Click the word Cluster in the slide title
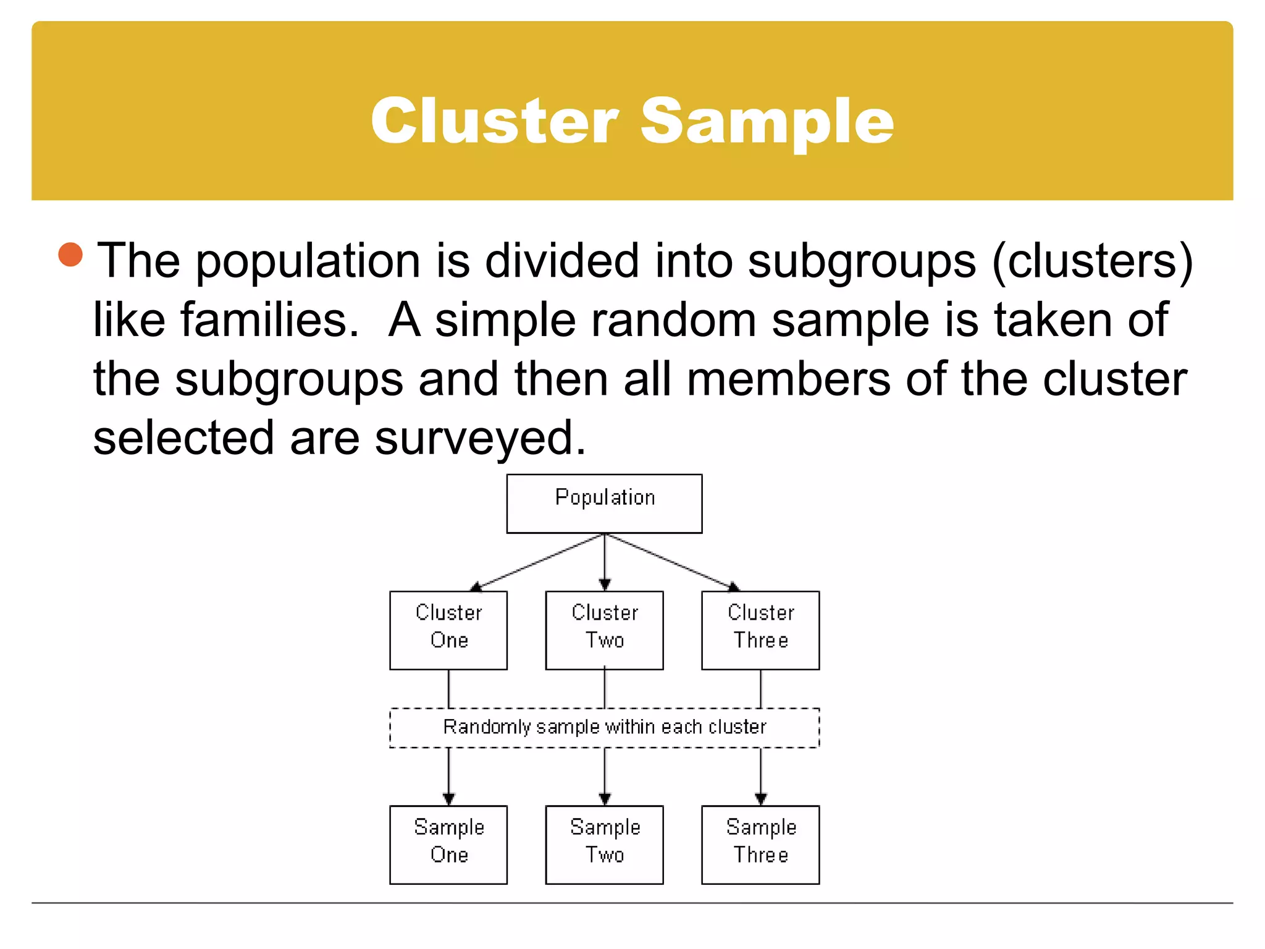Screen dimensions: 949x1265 pyautogui.click(x=494, y=121)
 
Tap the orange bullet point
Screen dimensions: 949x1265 pyautogui.click(x=70, y=255)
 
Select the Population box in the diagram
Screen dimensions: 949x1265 pyautogui.click(x=604, y=503)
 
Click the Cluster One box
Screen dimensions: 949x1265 pyautogui.click(x=448, y=630)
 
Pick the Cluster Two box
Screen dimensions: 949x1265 pyautogui.click(x=604, y=630)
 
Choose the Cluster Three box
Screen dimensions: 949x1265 pyautogui.click(x=760, y=630)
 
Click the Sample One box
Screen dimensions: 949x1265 pyautogui.click(x=448, y=844)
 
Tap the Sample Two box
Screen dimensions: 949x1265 pyautogui.click(x=604, y=844)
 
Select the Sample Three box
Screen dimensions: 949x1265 pyautogui.click(x=760, y=844)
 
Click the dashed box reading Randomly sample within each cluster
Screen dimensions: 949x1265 pyautogui.click(x=604, y=727)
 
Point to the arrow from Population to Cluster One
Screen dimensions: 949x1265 pyautogui.click(x=537, y=561)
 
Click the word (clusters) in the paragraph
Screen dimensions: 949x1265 pyautogui.click(x=1092, y=261)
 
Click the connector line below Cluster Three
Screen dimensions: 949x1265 pyautogui.click(x=760, y=688)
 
